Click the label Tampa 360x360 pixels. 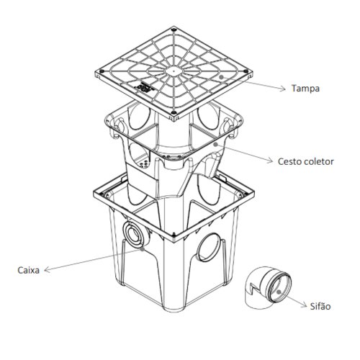click(305, 89)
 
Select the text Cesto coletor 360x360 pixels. click(306, 161)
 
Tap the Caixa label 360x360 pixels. click(28, 270)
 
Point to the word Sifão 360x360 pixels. click(320, 306)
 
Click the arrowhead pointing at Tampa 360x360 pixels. click(283, 89)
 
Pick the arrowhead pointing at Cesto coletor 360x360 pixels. click(270, 161)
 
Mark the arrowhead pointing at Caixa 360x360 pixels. click(48, 270)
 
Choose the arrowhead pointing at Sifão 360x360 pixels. click(304, 305)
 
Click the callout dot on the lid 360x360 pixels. click(221, 77)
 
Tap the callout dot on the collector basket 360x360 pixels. click(215, 144)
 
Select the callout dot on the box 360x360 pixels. click(143, 249)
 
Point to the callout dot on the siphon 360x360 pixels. click(279, 292)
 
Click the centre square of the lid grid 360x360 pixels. click(174, 71)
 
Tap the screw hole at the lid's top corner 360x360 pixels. click(174, 30)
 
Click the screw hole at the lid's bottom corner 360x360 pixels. click(174, 112)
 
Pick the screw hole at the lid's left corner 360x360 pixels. click(102, 71)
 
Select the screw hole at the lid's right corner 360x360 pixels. click(246, 71)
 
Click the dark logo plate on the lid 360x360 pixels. click(145, 87)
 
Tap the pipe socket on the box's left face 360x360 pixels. click(136, 234)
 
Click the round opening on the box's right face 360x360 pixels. click(209, 247)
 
